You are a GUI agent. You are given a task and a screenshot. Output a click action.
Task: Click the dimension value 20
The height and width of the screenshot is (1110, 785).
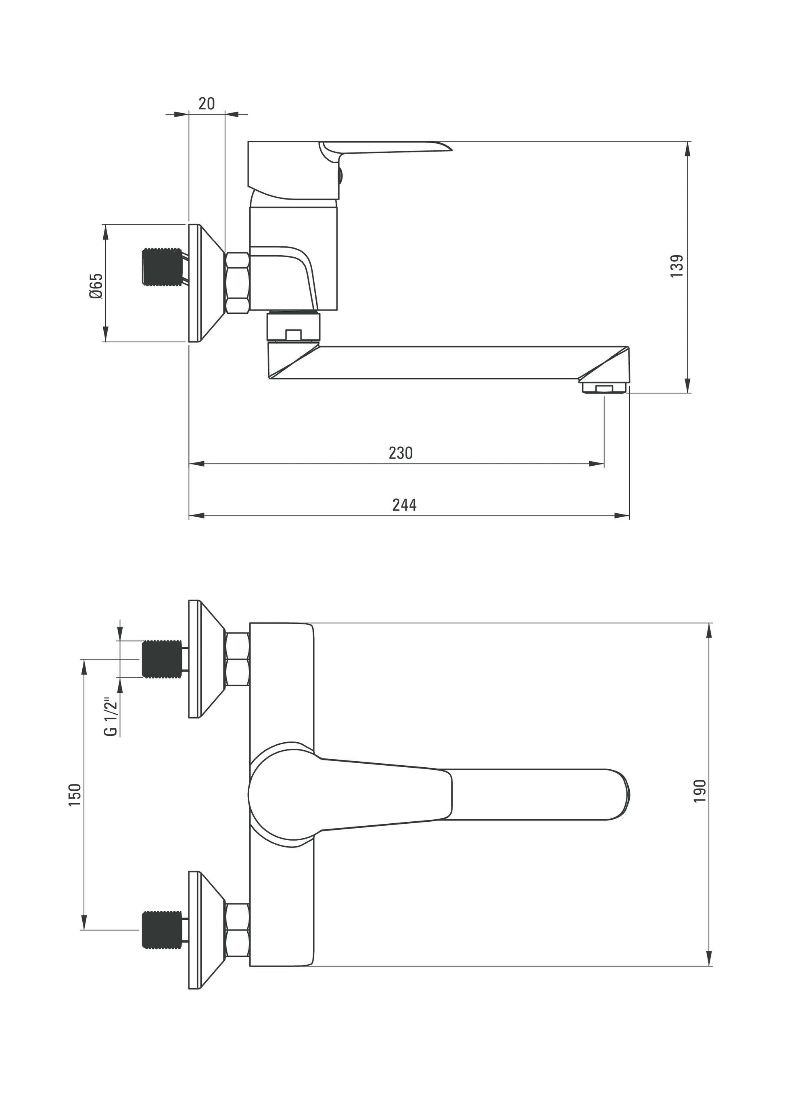pyautogui.click(x=207, y=104)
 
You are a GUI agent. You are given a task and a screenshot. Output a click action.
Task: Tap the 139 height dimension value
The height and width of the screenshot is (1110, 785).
pyautogui.click(x=677, y=265)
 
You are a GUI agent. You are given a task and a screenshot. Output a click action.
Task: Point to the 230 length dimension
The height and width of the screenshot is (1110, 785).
pyautogui.click(x=401, y=453)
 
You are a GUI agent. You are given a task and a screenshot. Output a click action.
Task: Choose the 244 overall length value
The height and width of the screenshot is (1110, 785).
pyautogui.click(x=404, y=505)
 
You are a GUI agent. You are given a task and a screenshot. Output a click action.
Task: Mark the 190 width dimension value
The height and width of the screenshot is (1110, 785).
pyautogui.click(x=700, y=790)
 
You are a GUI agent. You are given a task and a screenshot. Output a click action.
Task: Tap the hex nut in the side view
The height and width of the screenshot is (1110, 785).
pyautogui.click(x=237, y=283)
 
